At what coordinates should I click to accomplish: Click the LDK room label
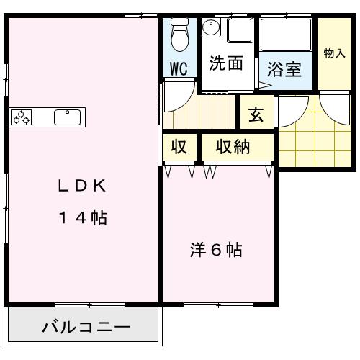pyautogui.click(x=82, y=186)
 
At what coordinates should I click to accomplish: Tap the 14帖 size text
pyautogui.click(x=82, y=217)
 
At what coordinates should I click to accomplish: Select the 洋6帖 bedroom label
pyautogui.click(x=215, y=251)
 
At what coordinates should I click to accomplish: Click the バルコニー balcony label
pyautogui.click(x=86, y=328)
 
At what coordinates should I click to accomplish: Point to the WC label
pyautogui.click(x=179, y=69)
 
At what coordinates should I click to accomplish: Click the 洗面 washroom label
pyautogui.click(x=225, y=63)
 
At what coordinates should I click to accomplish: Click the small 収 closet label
pyautogui.click(x=179, y=148)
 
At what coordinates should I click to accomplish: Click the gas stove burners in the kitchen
pyautogui.click(x=21, y=117)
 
